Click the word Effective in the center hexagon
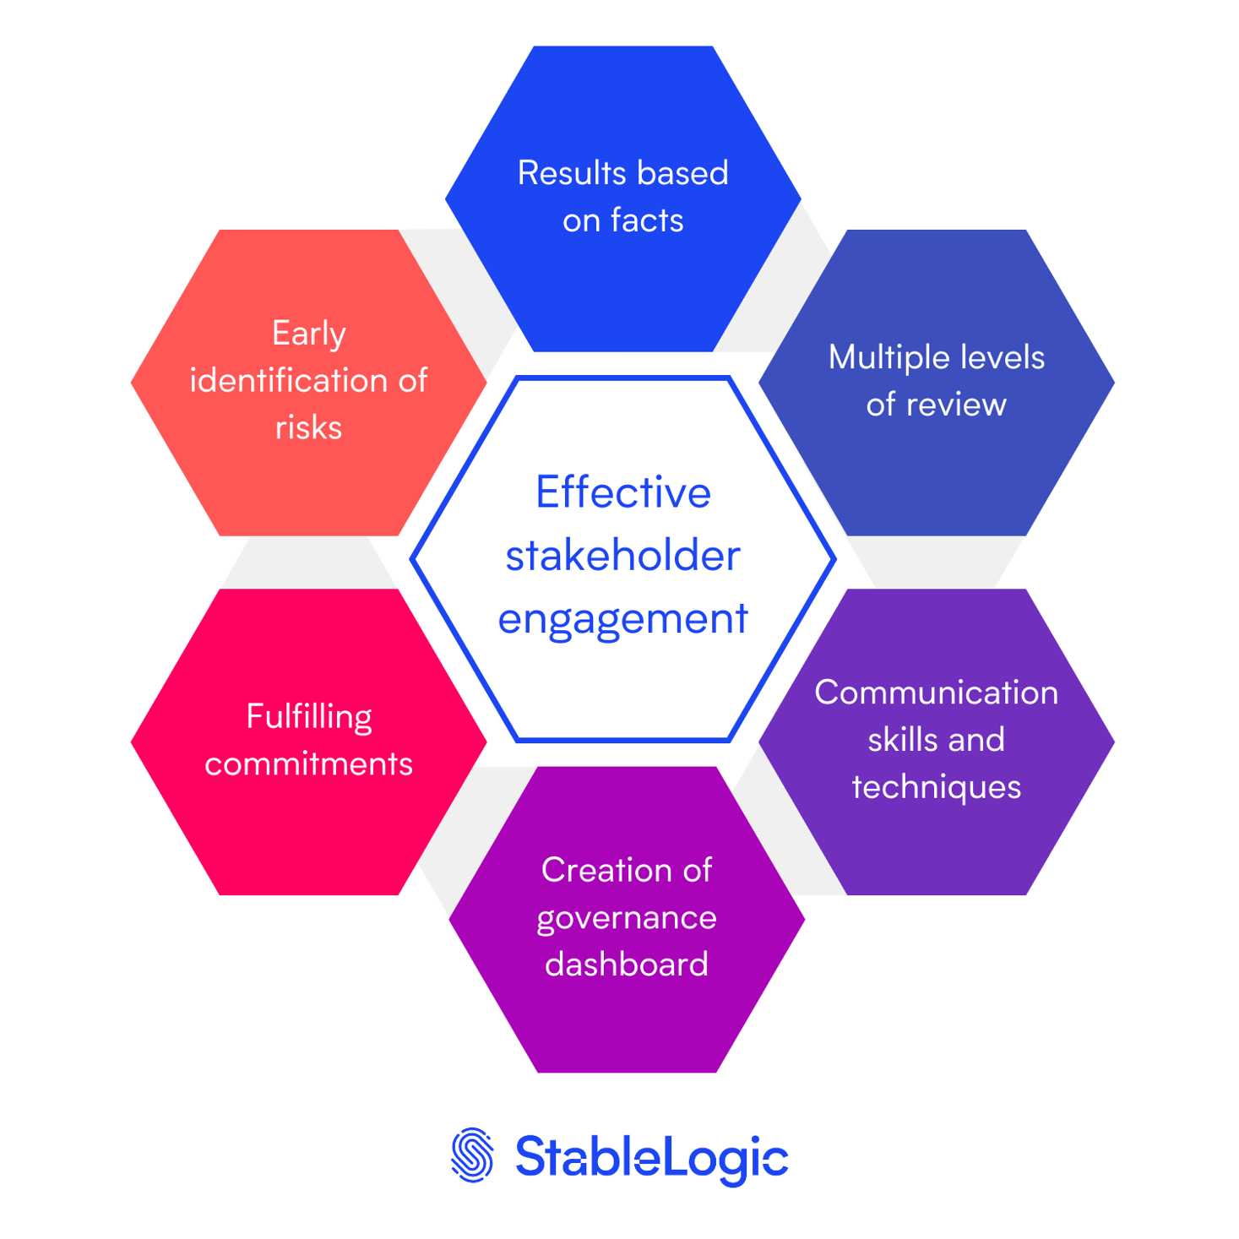pos(622,492)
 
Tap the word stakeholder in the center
pos(622,557)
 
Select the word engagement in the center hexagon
pos(622,619)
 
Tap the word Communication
pos(936,693)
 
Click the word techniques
pos(936,787)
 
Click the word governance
pos(626,918)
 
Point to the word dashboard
pos(626,965)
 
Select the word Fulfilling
pos(308,717)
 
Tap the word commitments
pos(308,764)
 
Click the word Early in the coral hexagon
pos(308,334)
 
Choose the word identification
pos(290,381)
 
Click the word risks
pos(308,428)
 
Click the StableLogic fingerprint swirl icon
pos(472,1155)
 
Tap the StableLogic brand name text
pos(651,1156)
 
